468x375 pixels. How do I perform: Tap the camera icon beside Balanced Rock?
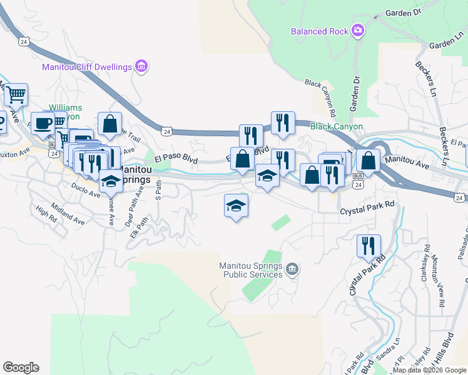[x=358, y=30]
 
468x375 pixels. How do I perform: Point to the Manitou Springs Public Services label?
[x=250, y=270]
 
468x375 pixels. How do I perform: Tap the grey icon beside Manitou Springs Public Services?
[x=292, y=269]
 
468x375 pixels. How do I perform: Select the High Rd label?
[x=46, y=213]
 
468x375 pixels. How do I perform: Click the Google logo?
[x=21, y=367]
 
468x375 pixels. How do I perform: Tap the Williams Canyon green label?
[x=65, y=112]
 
